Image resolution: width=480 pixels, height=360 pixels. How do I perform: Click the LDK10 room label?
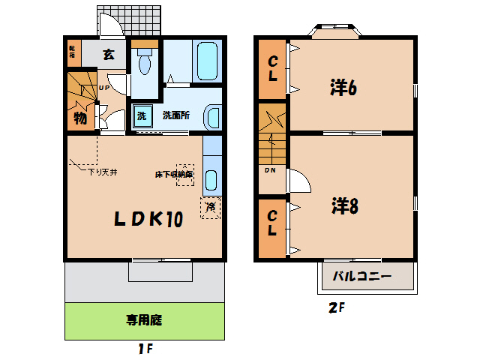click(x=148, y=219)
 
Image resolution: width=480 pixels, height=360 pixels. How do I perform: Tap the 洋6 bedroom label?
click(x=342, y=88)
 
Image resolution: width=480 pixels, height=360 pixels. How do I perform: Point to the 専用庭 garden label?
click(x=143, y=320)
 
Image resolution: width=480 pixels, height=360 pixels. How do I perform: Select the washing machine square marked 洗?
click(x=141, y=115)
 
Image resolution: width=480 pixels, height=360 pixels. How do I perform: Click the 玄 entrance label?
click(x=109, y=53)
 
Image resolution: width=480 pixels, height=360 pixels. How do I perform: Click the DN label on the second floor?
click(x=269, y=169)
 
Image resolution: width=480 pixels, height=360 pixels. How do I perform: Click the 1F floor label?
click(x=145, y=348)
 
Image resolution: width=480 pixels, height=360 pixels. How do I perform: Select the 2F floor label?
click(x=337, y=307)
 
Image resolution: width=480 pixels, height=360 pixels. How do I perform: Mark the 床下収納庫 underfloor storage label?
click(x=173, y=174)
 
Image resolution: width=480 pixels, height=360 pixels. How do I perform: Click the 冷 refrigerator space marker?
click(x=211, y=205)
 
